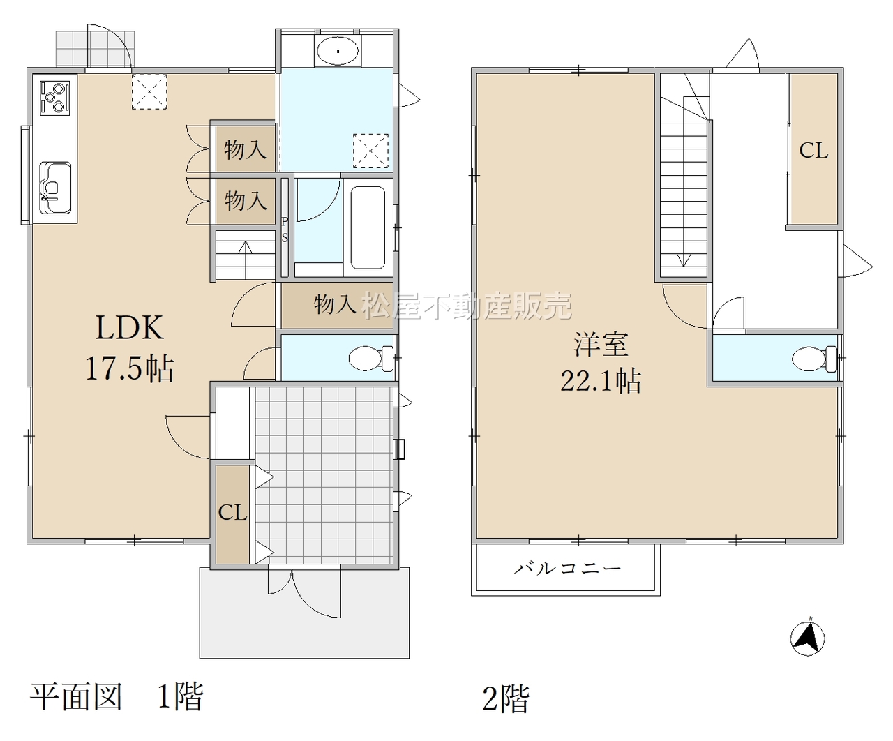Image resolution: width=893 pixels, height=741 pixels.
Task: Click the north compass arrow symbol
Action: [807, 639]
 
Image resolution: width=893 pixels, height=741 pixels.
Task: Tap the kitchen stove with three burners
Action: [54, 98]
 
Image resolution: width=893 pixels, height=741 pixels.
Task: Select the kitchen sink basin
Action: [55, 188]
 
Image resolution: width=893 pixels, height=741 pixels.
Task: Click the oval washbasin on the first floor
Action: [338, 51]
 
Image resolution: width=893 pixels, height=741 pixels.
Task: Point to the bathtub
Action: [368, 227]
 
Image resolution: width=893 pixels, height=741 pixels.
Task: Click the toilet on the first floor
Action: [370, 358]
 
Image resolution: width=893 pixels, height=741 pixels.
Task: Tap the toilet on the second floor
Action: [814, 359]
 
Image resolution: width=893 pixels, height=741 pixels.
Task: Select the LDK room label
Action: [129, 328]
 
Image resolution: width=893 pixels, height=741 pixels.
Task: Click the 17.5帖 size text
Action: [130, 368]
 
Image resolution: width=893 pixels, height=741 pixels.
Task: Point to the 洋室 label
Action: [601, 344]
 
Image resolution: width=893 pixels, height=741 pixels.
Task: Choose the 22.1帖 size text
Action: [601, 380]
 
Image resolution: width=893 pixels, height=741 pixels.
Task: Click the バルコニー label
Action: [567, 569]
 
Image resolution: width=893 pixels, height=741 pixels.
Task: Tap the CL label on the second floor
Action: [813, 151]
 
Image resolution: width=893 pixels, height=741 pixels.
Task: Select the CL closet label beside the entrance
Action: [232, 512]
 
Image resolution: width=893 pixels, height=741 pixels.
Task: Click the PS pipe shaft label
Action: [285, 230]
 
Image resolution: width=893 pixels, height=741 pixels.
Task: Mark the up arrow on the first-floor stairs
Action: [245, 260]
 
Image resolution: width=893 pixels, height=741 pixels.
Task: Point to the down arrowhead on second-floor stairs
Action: [684, 260]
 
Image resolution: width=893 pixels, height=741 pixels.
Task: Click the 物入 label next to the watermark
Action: [335, 304]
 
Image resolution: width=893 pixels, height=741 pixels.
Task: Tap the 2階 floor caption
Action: [506, 698]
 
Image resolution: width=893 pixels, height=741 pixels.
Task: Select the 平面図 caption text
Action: [76, 696]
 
